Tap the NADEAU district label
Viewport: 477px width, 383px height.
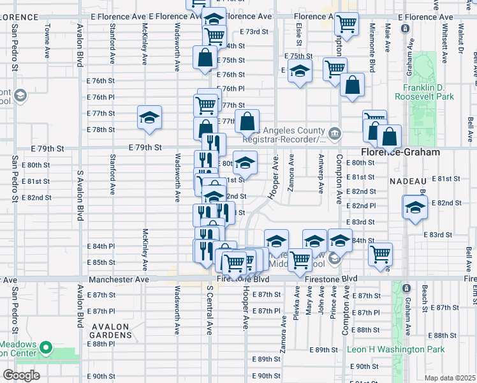(x=404, y=181)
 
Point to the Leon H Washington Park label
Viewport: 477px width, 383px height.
(x=395, y=350)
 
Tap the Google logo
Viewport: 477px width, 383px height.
(x=21, y=375)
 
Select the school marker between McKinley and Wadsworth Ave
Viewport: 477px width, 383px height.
(x=149, y=117)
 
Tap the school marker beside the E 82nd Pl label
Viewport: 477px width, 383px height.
(x=415, y=208)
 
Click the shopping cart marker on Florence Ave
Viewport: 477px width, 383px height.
(x=346, y=24)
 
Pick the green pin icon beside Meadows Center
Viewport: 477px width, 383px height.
(x=45, y=349)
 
